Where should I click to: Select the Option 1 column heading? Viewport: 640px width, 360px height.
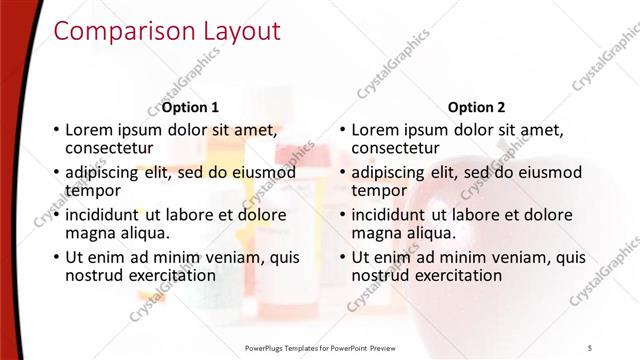(190, 107)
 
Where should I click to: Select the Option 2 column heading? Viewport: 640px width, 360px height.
(477, 107)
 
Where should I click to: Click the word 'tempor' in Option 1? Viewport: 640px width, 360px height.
(93, 190)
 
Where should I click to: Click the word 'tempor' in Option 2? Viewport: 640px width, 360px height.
(380, 190)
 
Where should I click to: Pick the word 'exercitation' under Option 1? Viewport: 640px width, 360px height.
(171, 274)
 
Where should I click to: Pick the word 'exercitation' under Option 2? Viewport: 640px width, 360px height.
(458, 274)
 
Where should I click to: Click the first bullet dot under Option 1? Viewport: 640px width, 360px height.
(55, 131)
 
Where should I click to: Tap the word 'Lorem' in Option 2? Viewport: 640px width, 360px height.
(376, 130)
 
